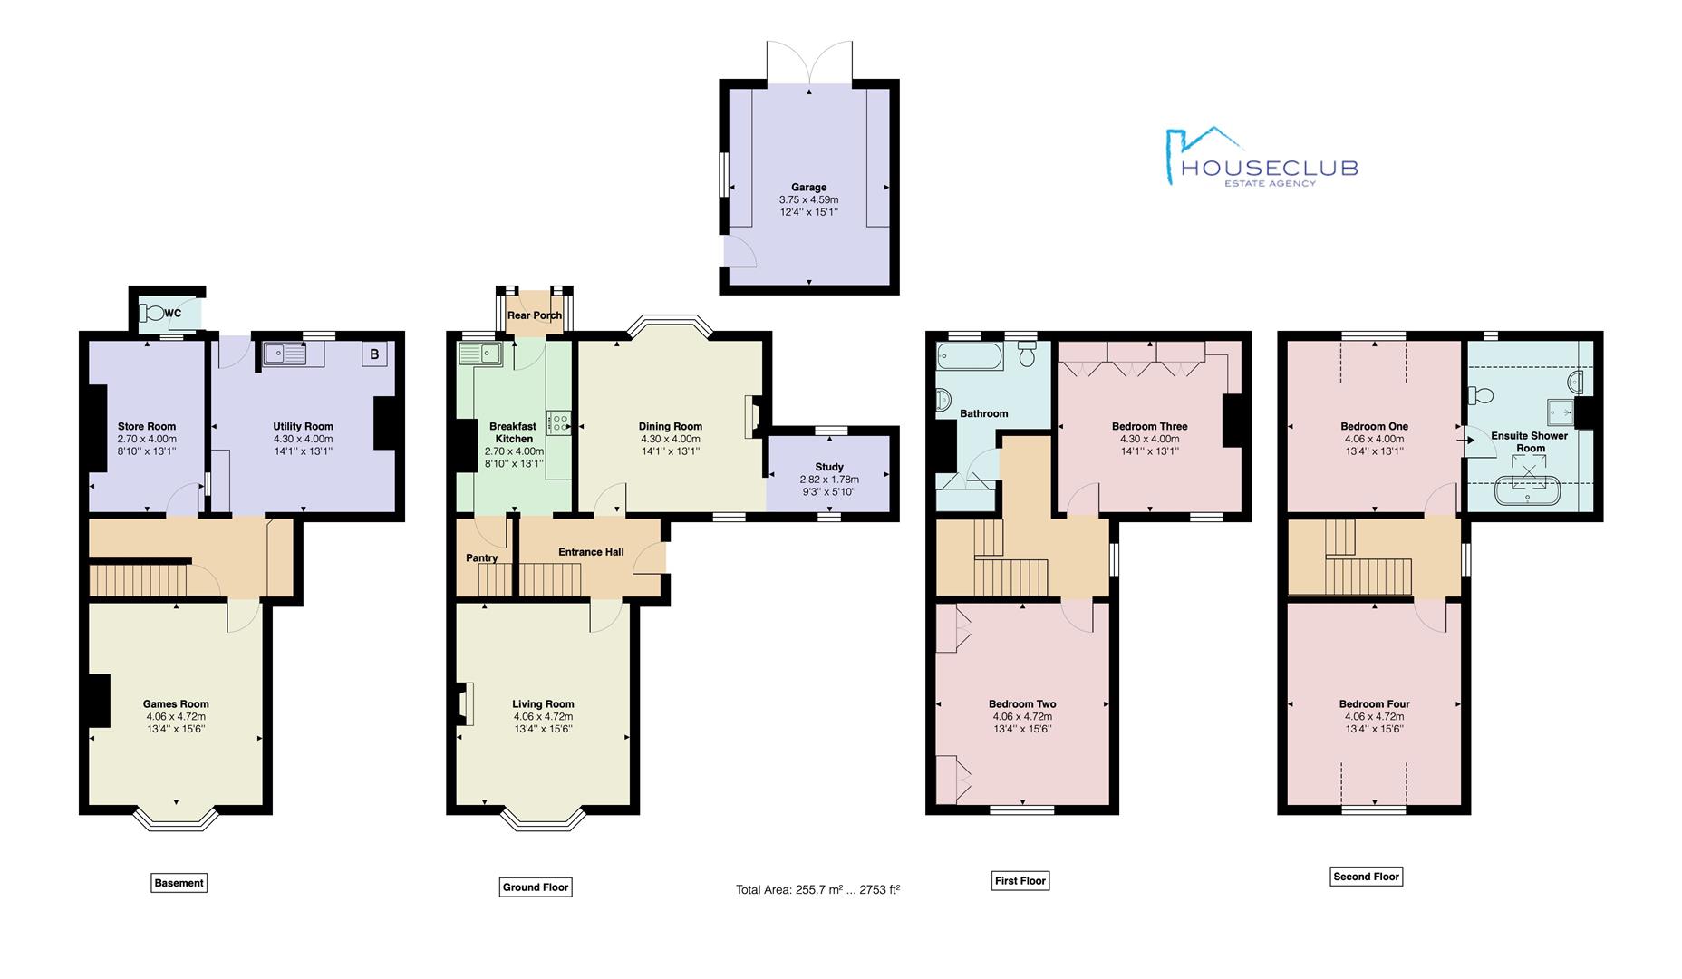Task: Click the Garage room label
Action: [x=808, y=188]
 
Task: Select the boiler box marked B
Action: [x=374, y=354]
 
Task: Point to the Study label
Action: [x=829, y=467]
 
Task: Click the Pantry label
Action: [x=481, y=557]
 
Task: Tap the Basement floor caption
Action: [x=179, y=883]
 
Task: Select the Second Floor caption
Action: [x=1367, y=877]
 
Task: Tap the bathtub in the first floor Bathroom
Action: [x=971, y=355]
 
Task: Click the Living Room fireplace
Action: [x=465, y=703]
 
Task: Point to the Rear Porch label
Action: [x=534, y=315]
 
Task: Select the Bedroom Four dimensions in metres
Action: [x=1374, y=716]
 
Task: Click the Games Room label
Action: [x=176, y=703]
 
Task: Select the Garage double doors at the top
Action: [x=809, y=63]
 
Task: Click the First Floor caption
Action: [x=1020, y=880]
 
